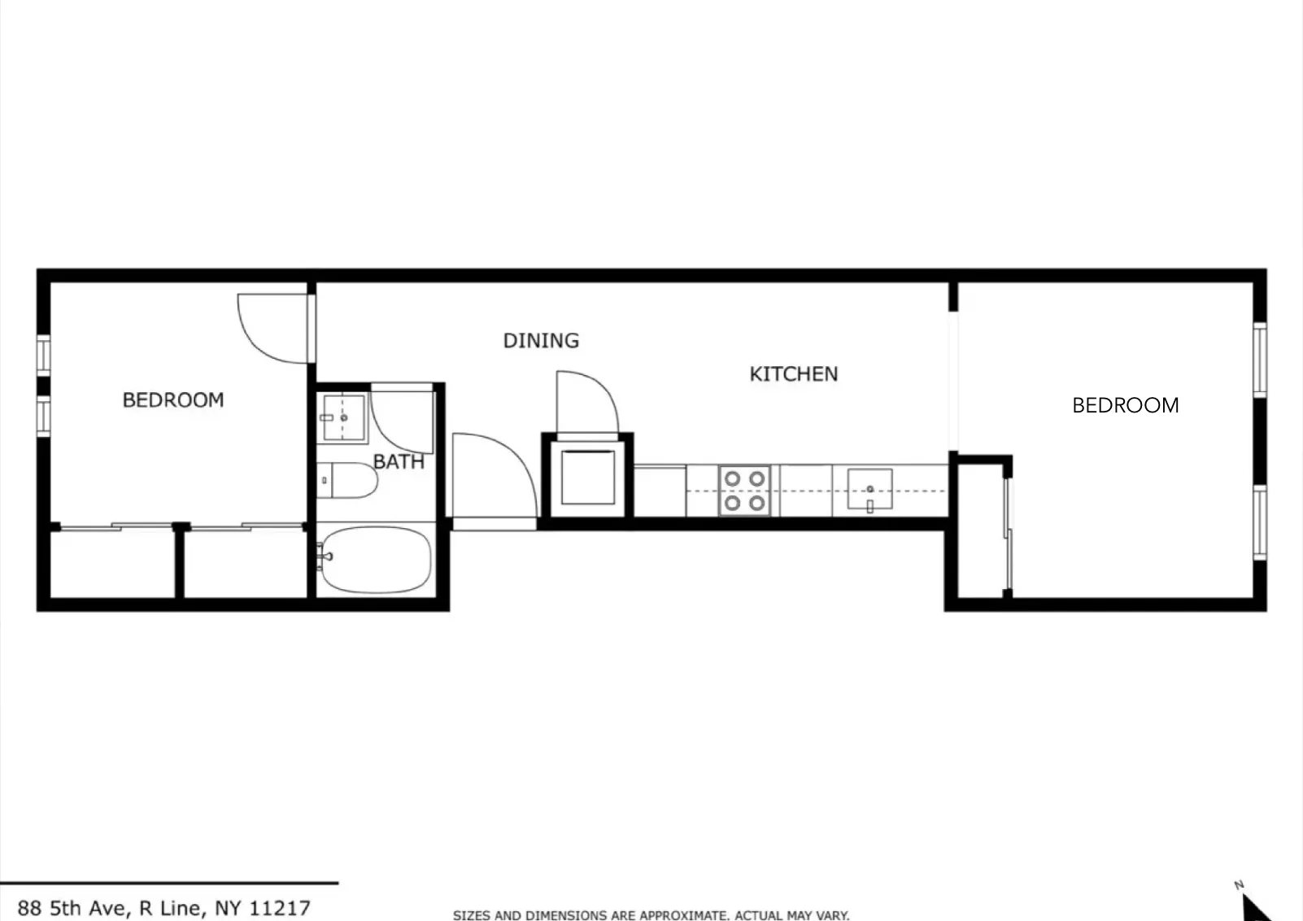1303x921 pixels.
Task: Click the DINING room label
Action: click(x=541, y=340)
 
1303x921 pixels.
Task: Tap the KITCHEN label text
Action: click(x=793, y=373)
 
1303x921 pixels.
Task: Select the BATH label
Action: click(x=399, y=461)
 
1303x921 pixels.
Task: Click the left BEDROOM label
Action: click(x=172, y=399)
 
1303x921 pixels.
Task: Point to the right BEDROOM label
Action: click(x=1125, y=404)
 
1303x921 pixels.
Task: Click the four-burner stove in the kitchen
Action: click(x=744, y=491)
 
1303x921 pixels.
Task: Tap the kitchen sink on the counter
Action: click(x=869, y=490)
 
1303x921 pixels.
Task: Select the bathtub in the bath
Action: click(x=375, y=560)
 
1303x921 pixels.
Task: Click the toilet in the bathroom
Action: click(x=348, y=480)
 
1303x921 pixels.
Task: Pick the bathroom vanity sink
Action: click(x=342, y=417)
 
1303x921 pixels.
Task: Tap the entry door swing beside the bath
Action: click(x=491, y=476)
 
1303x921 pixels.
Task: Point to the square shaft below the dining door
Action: click(x=587, y=477)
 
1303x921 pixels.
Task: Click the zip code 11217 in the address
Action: click(x=280, y=908)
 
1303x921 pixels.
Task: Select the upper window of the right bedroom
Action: click(x=1259, y=359)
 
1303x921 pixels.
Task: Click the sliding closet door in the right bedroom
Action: click(x=1008, y=535)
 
